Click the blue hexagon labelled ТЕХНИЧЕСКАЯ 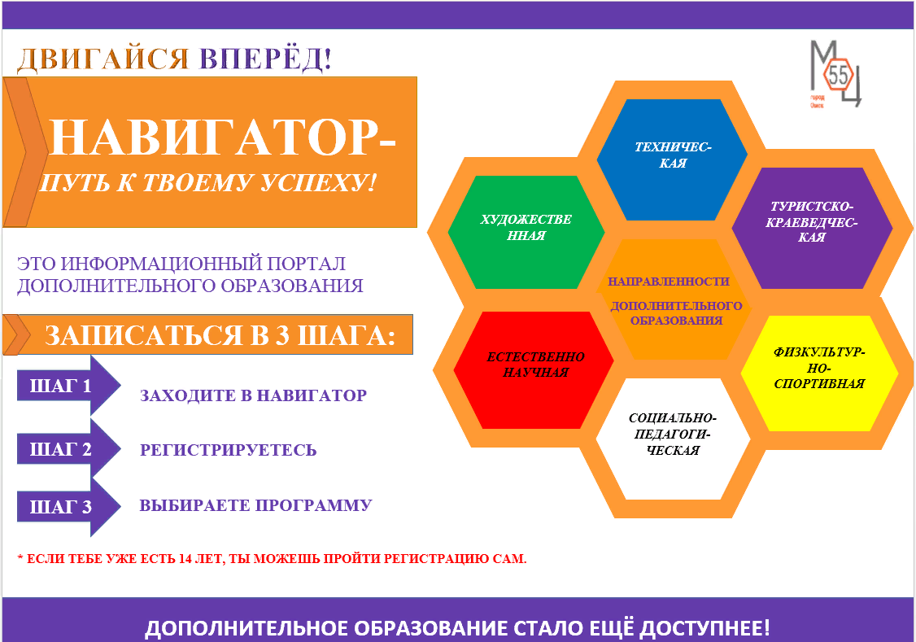point(672,159)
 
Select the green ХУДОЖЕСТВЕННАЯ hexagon point(526,232)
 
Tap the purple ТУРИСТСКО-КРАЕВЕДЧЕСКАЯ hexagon point(812,228)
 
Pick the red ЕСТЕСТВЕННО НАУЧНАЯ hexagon point(534,369)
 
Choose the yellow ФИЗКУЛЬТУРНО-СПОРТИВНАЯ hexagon point(820,373)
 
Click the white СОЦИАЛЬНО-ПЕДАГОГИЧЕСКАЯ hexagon point(673,439)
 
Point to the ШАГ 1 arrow point(69,386)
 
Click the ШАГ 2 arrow point(69,448)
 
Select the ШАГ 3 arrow point(69,506)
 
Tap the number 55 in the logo point(838,75)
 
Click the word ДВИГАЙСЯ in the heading point(103,59)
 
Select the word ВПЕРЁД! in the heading point(265,59)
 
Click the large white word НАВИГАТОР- point(223,138)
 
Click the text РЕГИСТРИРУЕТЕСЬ point(229,450)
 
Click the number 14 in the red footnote point(185,559)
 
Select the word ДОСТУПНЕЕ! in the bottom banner point(704,628)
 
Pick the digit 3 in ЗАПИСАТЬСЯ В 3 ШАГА point(283,335)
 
